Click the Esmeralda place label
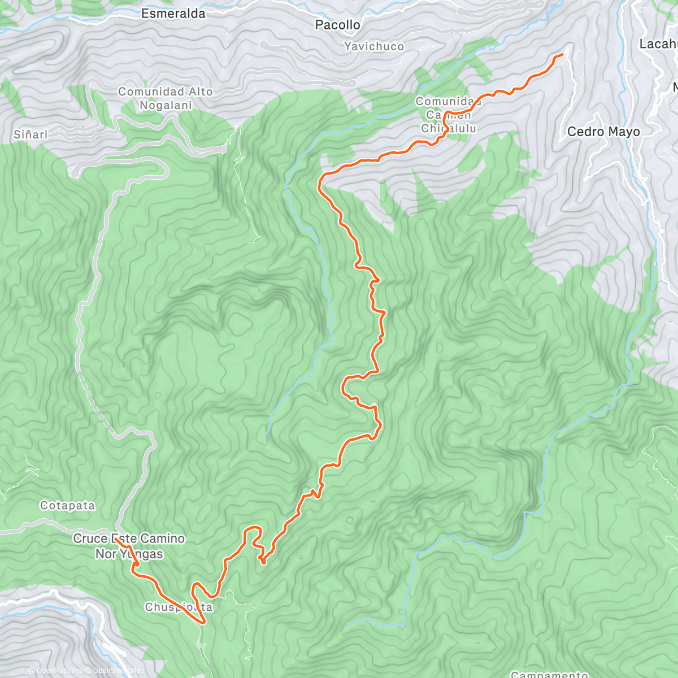click(173, 14)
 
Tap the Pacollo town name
click(337, 25)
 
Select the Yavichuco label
click(374, 47)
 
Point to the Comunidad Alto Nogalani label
click(166, 98)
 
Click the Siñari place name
click(31, 134)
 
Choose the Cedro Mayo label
click(603, 132)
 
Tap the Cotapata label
click(67, 506)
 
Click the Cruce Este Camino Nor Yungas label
click(129, 546)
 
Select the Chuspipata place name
click(179, 607)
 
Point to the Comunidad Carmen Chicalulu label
click(448, 115)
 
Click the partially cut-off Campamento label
click(549, 674)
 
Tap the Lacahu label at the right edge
click(658, 44)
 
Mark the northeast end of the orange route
click(562, 54)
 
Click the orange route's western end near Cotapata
click(115, 539)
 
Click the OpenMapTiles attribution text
click(55, 671)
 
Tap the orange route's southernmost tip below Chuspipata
click(203, 623)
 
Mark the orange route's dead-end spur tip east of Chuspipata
click(263, 562)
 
